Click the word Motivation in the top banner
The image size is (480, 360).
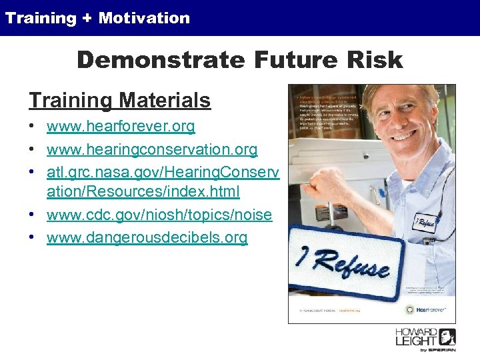click(x=144, y=18)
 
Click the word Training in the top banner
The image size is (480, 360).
click(x=41, y=18)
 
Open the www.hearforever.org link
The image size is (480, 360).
click(x=121, y=126)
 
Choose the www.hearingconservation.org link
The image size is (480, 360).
click(x=152, y=149)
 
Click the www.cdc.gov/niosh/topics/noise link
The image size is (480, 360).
click(x=159, y=215)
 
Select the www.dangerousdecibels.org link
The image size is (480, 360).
click(x=147, y=237)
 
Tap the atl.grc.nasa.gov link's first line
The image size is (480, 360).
click(x=162, y=172)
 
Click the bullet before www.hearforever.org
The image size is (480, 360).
click(x=33, y=127)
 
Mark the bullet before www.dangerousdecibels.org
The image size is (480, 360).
click(x=33, y=238)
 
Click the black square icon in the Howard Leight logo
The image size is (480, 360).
click(x=447, y=336)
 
